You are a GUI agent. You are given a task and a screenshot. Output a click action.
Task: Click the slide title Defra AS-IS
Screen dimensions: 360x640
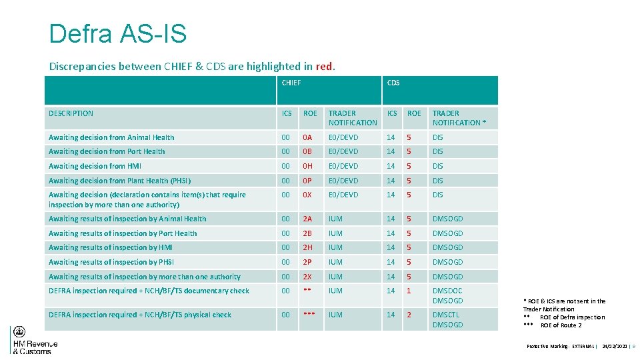click(x=118, y=33)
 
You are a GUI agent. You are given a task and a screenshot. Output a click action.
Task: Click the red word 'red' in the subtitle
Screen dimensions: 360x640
click(x=324, y=66)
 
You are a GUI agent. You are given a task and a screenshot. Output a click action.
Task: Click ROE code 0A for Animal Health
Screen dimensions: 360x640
click(x=307, y=137)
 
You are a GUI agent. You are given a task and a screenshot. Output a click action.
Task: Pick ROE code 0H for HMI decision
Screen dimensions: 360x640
click(x=307, y=166)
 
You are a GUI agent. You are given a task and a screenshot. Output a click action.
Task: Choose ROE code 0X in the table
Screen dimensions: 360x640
click(x=307, y=195)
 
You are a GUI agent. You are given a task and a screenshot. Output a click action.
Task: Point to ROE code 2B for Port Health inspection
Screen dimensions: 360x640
click(x=307, y=233)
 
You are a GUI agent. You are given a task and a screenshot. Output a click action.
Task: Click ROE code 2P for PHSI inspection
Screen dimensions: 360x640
click(x=307, y=262)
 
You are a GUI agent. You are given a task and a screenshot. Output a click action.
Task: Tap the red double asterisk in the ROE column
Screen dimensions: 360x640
click(x=307, y=291)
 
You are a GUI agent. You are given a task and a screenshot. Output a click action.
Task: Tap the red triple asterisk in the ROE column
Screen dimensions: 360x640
click(x=308, y=315)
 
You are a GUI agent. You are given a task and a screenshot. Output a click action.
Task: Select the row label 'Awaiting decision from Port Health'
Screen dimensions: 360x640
click(x=107, y=151)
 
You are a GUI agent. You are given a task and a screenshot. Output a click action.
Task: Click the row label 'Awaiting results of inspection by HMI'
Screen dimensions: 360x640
click(x=111, y=247)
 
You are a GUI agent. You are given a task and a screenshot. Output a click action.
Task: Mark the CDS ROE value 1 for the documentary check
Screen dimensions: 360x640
click(x=409, y=291)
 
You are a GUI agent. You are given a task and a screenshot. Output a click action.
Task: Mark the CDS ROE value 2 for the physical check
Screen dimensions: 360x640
click(x=409, y=315)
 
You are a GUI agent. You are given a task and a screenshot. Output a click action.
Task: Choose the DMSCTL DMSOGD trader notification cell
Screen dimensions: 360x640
click(x=447, y=319)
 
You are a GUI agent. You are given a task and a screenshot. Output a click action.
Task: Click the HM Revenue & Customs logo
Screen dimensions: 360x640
click(x=34, y=341)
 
